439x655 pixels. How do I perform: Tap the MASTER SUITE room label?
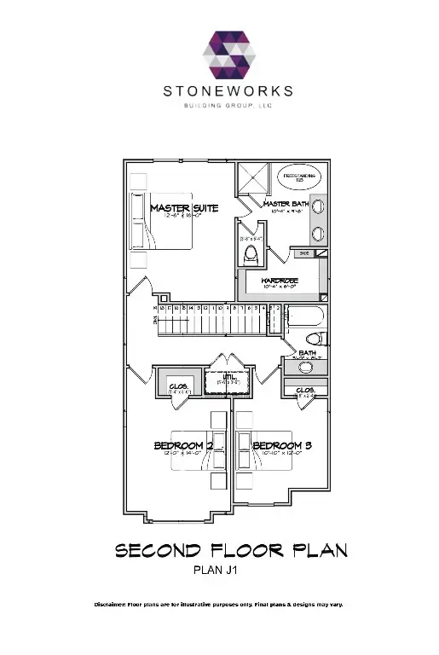coord(184,207)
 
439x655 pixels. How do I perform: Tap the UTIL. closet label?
coord(230,376)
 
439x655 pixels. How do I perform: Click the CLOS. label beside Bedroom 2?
coord(178,385)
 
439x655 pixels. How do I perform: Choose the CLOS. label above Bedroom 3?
coord(304,391)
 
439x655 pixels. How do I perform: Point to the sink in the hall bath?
coord(307,368)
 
